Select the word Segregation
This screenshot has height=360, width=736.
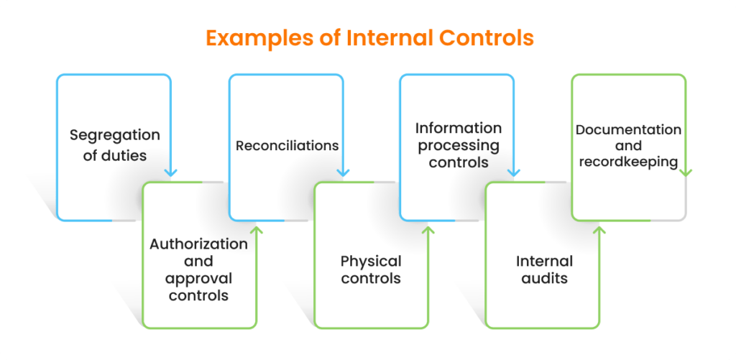(115, 135)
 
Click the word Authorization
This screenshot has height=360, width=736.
(198, 244)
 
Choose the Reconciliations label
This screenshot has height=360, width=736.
(287, 145)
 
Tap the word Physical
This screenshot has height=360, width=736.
(371, 261)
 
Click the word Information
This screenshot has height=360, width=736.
(459, 128)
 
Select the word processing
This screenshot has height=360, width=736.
(459, 145)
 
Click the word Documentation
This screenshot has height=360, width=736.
(628, 129)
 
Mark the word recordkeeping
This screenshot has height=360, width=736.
(628, 162)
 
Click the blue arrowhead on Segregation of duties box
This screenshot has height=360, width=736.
(170, 172)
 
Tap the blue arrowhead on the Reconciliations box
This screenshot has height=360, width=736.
(343, 172)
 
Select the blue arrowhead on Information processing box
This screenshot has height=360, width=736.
(513, 172)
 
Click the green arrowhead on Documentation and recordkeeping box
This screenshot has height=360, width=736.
(686, 172)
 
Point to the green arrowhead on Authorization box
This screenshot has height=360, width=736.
(257, 230)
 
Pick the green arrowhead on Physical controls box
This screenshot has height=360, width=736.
(428, 230)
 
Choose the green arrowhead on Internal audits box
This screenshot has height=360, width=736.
(600, 230)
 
